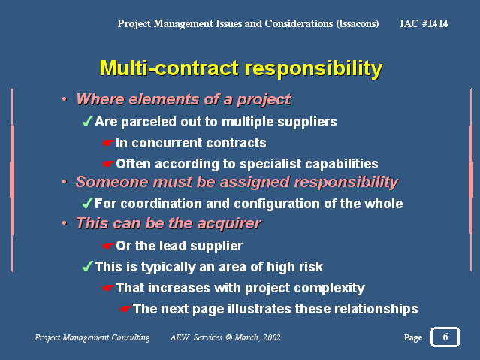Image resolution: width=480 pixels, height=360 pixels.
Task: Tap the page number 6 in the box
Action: pyautogui.click(x=445, y=337)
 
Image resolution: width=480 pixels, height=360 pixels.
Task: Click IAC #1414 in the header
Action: pyautogui.click(x=424, y=23)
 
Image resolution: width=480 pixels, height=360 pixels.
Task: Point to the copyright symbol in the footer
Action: pyautogui.click(x=228, y=337)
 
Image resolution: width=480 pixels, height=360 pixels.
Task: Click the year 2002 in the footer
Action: pyautogui.click(x=271, y=337)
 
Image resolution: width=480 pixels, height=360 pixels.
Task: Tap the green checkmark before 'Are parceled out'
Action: pyautogui.click(x=87, y=121)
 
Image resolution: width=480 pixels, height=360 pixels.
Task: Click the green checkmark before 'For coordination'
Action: pyautogui.click(x=87, y=203)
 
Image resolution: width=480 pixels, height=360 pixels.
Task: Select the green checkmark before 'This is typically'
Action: pyautogui.click(x=87, y=266)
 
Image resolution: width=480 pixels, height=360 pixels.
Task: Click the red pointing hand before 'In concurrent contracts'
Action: pyautogui.click(x=107, y=143)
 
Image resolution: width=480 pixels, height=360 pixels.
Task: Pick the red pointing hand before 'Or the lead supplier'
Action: pyautogui.click(x=107, y=246)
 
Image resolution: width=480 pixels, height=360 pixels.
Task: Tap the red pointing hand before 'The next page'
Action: pyautogui.click(x=125, y=309)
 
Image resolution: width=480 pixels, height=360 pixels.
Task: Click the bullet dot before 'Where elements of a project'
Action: pyautogui.click(x=65, y=99)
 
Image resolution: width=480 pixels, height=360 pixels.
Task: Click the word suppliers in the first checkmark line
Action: pyautogui.click(x=307, y=123)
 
